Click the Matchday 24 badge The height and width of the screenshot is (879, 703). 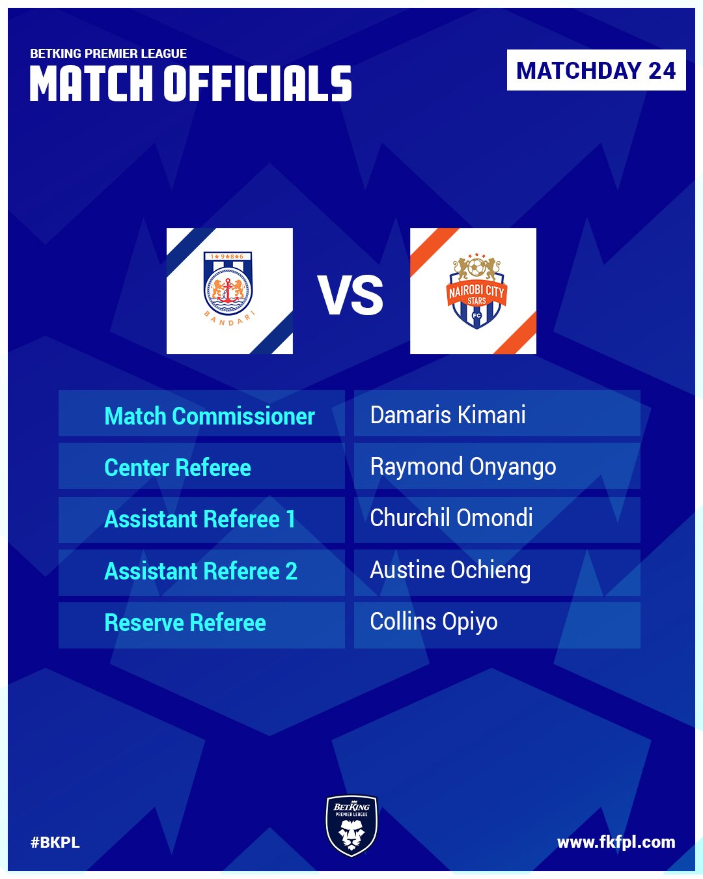coord(596,70)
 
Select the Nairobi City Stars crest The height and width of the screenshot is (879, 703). coord(476,291)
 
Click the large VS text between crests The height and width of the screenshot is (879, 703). coord(350,295)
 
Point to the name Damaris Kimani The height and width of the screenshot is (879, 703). coord(448,415)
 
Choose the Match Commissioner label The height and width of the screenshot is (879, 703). coord(210,416)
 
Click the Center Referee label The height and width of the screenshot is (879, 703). coord(178,467)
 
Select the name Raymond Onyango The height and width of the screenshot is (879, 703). coord(463,467)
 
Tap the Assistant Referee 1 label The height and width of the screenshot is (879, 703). coord(200,519)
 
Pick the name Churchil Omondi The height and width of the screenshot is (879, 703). coord(451,518)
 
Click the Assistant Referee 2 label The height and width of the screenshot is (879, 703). coord(201,571)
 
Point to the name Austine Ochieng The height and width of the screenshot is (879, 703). coord(450,571)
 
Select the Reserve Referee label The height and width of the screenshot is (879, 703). coord(185,622)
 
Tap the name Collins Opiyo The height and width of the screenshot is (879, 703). coord(434,622)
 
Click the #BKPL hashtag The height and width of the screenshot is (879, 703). coord(55,843)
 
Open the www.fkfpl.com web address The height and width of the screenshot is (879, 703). coord(616,843)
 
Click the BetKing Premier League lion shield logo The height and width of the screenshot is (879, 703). coord(351,825)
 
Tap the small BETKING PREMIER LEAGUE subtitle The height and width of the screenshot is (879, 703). coord(109,53)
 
